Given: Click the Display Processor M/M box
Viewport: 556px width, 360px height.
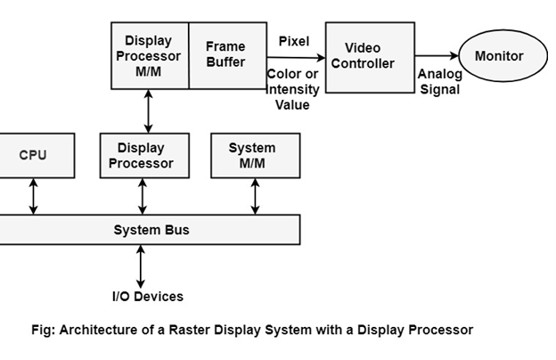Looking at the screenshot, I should (x=149, y=55).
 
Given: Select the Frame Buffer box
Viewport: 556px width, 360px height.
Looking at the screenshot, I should (x=226, y=55).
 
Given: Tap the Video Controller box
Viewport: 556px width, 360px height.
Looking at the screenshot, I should (x=370, y=57).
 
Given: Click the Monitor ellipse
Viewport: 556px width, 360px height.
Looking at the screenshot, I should (x=498, y=56).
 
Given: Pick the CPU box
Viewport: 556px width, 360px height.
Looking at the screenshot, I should (x=32, y=155).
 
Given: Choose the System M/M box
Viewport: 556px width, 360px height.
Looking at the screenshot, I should (x=252, y=155).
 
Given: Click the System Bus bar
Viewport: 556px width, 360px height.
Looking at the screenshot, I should (x=151, y=230).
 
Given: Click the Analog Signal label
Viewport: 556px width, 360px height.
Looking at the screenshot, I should (x=439, y=82).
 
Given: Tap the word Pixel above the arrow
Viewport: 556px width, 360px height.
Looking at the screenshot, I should (x=294, y=42).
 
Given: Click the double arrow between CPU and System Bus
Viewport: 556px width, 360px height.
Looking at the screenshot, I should (x=34, y=196).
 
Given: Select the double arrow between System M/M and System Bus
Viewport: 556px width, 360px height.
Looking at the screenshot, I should (x=255, y=196).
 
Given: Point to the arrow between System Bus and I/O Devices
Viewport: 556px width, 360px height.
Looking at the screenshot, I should (x=141, y=266).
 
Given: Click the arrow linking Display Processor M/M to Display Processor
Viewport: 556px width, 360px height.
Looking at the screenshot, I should (x=148, y=111).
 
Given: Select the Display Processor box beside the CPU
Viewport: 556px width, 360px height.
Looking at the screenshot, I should (x=141, y=155).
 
